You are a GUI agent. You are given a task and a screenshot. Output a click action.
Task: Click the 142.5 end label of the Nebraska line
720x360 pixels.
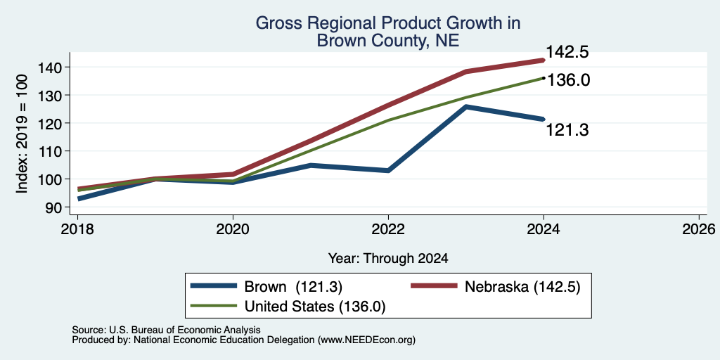[567, 52]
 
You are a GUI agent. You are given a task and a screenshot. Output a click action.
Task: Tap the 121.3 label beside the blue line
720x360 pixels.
[567, 130]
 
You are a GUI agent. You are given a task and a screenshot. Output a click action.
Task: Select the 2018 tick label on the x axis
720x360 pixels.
[77, 229]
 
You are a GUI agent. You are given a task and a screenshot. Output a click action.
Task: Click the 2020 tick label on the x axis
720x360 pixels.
[233, 229]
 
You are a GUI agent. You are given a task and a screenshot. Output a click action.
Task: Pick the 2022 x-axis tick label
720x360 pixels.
[388, 229]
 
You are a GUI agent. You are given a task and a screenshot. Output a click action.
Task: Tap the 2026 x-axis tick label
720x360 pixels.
[699, 229]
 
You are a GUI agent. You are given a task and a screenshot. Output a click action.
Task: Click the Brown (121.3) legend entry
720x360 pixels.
[266, 287]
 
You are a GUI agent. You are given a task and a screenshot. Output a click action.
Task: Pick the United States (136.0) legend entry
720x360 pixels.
[288, 307]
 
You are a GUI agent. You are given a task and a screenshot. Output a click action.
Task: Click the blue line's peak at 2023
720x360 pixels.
[466, 107]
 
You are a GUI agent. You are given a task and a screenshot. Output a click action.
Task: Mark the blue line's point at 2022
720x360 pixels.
[388, 170]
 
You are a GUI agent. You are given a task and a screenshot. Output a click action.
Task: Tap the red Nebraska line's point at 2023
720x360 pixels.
[466, 72]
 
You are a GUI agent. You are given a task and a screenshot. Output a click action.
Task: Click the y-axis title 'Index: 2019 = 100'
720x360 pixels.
[22, 134]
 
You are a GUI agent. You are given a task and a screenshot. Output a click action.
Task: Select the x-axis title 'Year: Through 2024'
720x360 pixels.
[388, 259]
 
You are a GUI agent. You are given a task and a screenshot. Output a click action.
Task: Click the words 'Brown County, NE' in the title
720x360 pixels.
[387, 41]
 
